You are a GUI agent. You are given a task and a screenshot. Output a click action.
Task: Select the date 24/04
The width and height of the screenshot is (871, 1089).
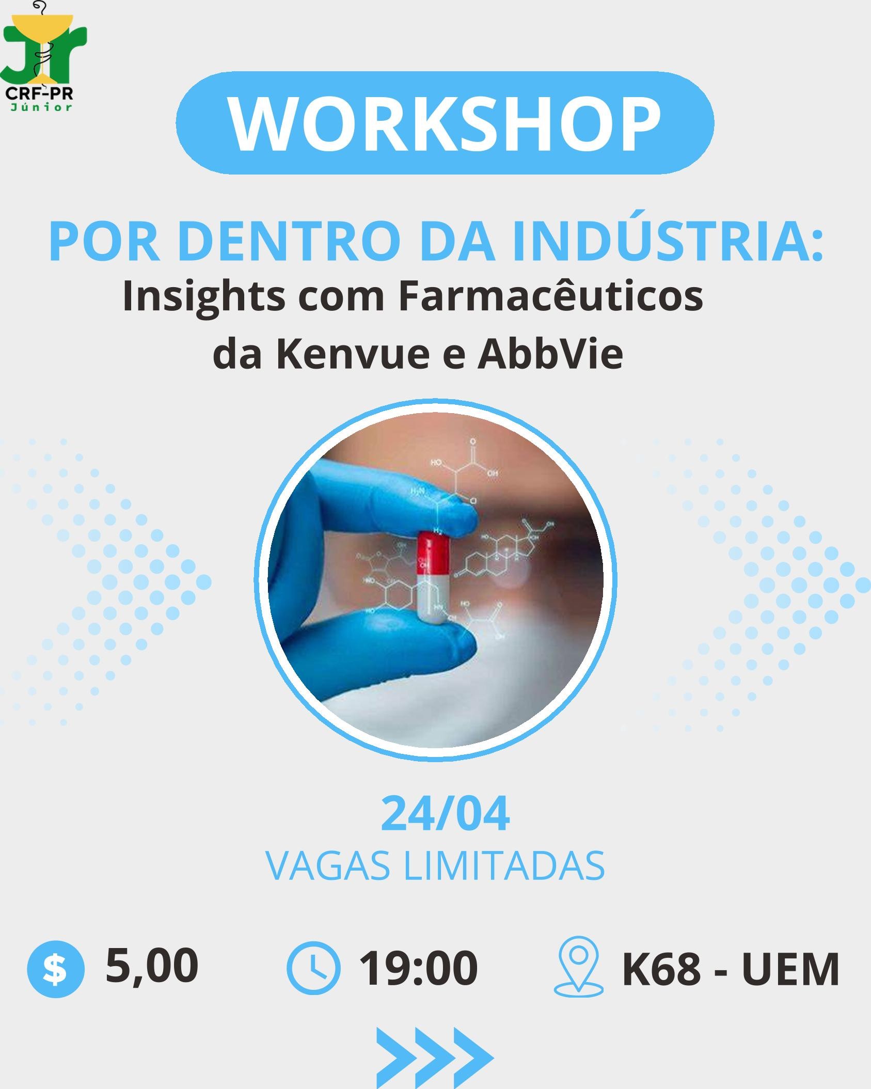[445, 815]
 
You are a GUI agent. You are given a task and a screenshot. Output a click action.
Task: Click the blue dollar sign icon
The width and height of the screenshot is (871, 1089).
[55, 969]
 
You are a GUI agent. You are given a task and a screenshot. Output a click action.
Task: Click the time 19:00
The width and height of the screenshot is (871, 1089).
[419, 969]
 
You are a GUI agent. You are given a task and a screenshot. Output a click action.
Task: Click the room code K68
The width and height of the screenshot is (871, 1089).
[661, 970]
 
